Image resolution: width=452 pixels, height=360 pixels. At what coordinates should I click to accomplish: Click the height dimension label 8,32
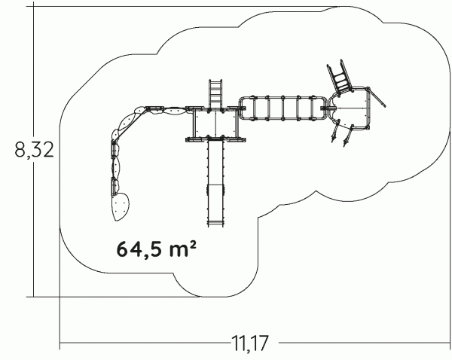tap(35, 150)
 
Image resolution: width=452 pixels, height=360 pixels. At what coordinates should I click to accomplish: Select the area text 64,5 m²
tap(157, 249)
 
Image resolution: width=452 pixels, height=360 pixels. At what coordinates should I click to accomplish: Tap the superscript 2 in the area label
tap(193, 245)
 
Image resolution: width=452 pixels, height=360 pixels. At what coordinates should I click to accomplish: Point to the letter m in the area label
tap(177, 251)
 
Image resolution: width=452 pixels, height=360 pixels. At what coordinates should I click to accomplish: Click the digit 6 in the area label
tap(122, 249)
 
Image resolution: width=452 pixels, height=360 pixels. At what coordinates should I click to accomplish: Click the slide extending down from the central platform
tap(215, 182)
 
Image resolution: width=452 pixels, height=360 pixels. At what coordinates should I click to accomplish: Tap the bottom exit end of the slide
tap(215, 224)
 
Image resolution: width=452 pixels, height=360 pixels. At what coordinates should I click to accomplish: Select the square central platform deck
tap(215, 124)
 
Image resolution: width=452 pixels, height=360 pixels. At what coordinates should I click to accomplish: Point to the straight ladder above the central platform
tap(215, 93)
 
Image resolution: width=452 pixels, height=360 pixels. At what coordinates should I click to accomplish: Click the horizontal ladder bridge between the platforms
tap(283, 108)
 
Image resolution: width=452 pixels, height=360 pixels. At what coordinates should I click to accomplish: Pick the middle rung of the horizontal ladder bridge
tap(282, 108)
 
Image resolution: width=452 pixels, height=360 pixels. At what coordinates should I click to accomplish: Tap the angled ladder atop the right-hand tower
tap(340, 77)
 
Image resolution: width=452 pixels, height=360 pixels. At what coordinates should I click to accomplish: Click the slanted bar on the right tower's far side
tap(377, 97)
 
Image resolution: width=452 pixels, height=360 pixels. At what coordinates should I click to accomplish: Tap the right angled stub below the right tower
tap(348, 136)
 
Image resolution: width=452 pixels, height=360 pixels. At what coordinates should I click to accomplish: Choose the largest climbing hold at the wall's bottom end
tap(121, 206)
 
